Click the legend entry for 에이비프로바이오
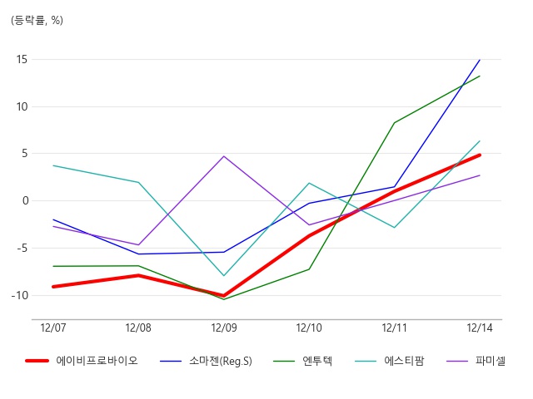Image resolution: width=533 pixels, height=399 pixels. point(82,361)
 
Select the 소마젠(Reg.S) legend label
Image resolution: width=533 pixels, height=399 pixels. point(206,361)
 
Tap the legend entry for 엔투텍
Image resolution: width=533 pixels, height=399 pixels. point(303,361)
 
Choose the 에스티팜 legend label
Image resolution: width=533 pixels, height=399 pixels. point(390,361)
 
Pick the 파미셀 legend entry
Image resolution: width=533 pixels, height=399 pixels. point(476,361)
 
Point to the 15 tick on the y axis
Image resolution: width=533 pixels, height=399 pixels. point(22,59)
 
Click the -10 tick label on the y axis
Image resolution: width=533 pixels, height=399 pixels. point(20,296)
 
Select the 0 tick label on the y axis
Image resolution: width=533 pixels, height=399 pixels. point(26,201)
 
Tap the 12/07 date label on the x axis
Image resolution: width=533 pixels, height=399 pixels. point(53,328)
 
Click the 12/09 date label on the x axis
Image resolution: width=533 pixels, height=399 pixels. point(224,328)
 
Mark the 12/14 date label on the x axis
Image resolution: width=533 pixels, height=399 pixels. point(480,328)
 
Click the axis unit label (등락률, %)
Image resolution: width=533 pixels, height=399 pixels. point(37,20)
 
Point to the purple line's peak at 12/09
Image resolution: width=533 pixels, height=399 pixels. point(224,156)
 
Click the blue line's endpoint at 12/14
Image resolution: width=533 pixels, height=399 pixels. point(480,60)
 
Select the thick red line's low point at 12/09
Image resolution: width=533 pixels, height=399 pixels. point(224,296)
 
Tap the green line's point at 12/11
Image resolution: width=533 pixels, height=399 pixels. point(394,123)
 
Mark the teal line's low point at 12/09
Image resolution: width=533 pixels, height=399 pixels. point(224,275)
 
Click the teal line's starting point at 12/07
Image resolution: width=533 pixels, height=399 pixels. point(53,165)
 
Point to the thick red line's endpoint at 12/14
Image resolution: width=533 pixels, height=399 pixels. point(480,155)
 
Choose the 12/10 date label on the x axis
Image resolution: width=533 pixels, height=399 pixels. point(309,328)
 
